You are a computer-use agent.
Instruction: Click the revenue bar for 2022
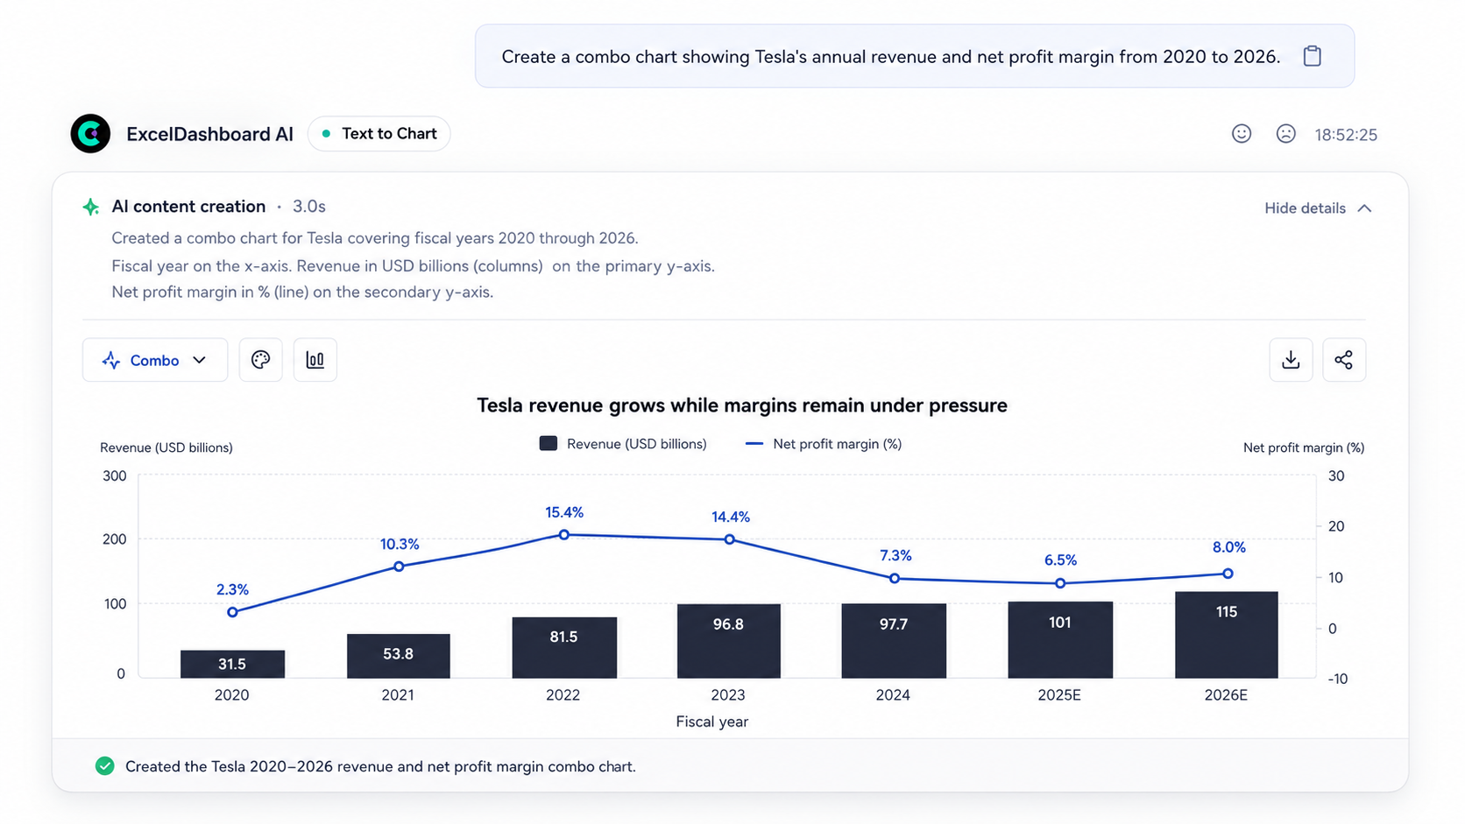[x=563, y=648]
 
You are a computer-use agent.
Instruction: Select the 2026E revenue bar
[x=1227, y=635]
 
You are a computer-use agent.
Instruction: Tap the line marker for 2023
[x=729, y=539]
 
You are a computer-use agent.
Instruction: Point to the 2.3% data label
[x=232, y=589]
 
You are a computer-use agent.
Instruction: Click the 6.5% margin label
[x=1060, y=560]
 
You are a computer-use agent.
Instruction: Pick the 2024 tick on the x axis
[x=893, y=695]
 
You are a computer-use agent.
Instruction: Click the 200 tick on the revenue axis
[x=115, y=539]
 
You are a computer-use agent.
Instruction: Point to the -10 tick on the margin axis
[x=1337, y=679]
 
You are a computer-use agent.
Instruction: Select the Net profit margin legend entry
[x=824, y=444]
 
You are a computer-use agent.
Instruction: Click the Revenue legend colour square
[x=548, y=444]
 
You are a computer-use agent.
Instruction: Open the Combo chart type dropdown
[x=155, y=360]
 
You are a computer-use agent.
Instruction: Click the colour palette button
[x=260, y=360]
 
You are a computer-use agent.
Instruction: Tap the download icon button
[x=1291, y=360]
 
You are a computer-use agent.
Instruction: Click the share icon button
[x=1343, y=360]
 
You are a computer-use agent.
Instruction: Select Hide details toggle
[x=1318, y=208]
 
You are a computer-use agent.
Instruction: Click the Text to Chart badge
[x=379, y=134]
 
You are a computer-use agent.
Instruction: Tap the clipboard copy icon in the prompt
[x=1312, y=56]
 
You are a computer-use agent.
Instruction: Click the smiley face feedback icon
[x=1242, y=134]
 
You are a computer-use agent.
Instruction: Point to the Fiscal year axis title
[x=711, y=722]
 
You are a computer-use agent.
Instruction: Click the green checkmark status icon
[x=104, y=766]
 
